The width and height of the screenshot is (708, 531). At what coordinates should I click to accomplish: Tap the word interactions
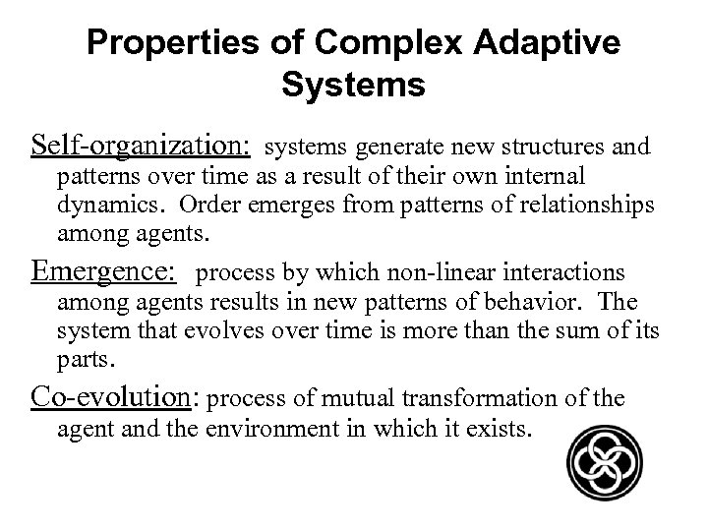click(571, 272)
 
